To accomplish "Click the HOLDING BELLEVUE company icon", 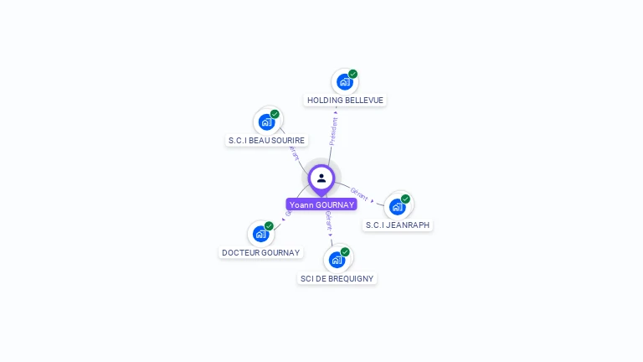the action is [x=343, y=82].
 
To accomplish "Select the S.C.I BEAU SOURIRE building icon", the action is [x=266, y=122].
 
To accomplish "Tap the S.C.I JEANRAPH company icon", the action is [x=397, y=206].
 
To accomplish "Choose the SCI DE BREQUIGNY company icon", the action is [x=337, y=260].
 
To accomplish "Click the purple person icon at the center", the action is [x=321, y=178].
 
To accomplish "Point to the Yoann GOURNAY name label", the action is [x=321, y=204].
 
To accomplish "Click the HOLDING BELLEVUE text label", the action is [x=345, y=101].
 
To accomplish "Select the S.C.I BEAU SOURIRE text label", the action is [x=267, y=141].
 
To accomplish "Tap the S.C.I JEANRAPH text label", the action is [x=399, y=225].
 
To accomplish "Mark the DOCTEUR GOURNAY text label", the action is [x=260, y=252].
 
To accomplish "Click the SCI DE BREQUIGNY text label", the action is [x=337, y=278].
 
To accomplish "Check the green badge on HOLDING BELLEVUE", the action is [x=353, y=74].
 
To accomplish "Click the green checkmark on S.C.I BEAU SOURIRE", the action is [x=275, y=114].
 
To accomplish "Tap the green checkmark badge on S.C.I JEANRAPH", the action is [x=405, y=199].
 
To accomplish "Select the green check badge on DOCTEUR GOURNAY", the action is [x=269, y=226].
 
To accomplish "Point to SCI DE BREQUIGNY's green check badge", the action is [x=345, y=251].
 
